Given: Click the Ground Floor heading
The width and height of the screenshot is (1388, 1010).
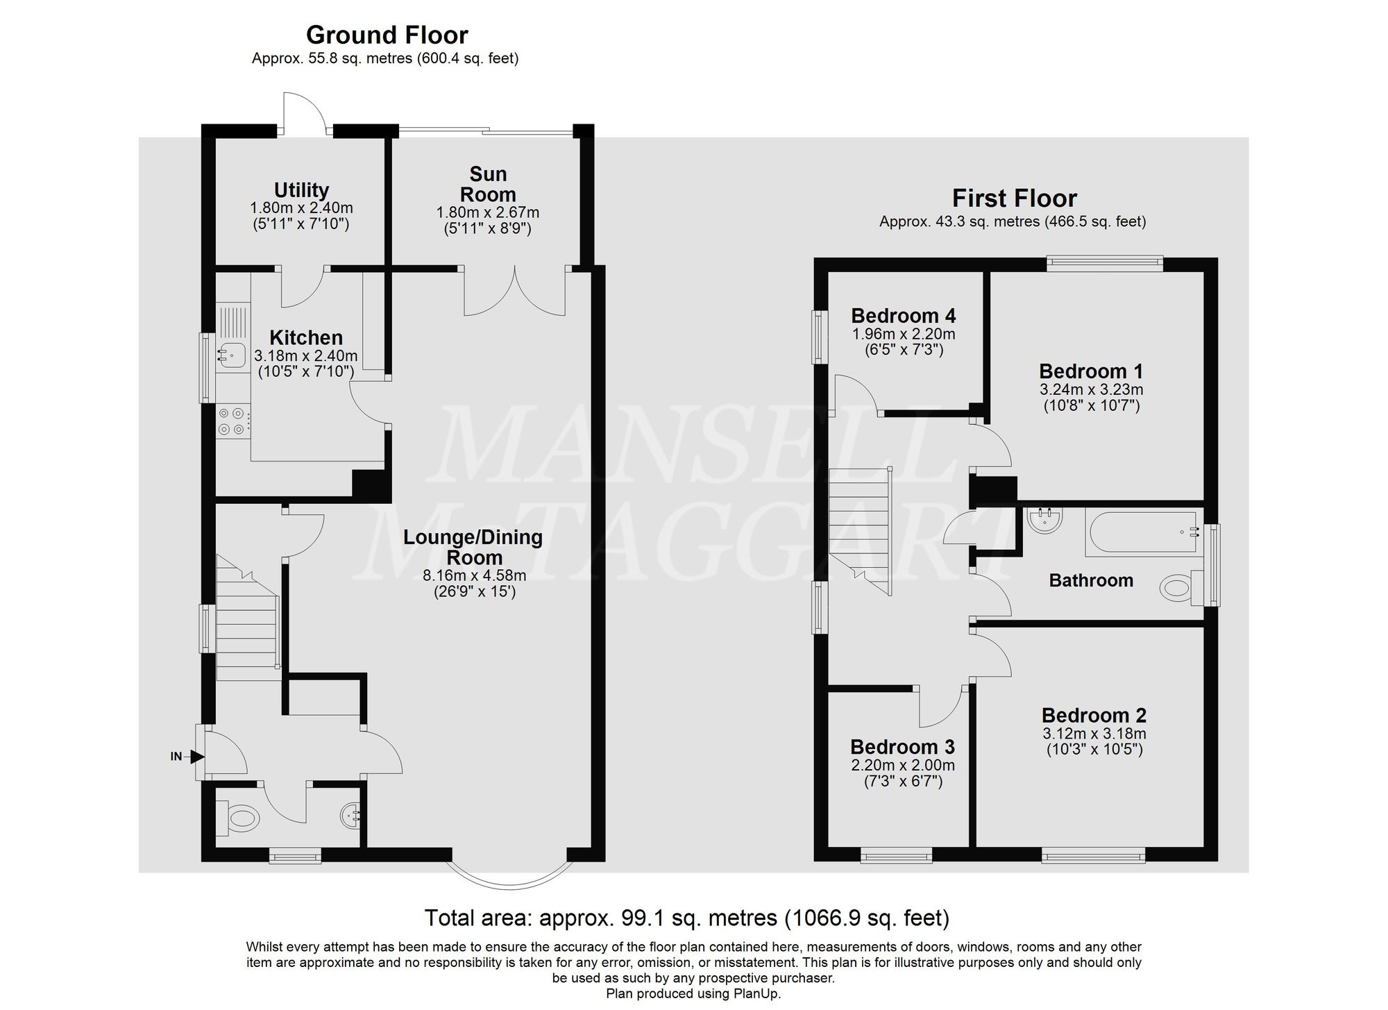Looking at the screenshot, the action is pyautogui.click(x=387, y=35).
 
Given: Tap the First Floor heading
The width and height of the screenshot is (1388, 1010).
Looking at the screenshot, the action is pyautogui.click(x=1014, y=199).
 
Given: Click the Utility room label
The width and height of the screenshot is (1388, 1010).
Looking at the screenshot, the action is pyautogui.click(x=301, y=190).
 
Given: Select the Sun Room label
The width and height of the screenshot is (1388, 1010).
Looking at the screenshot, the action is pyautogui.click(x=488, y=184).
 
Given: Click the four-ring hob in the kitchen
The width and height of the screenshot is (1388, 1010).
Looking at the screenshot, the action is pyautogui.click(x=232, y=421).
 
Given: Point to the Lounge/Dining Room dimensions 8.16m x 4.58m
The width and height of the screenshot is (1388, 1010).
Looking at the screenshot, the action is pyautogui.click(x=474, y=575).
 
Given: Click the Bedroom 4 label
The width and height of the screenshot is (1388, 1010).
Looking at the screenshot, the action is pyautogui.click(x=903, y=316).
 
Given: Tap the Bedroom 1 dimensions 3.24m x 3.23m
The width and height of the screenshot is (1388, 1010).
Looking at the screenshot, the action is pyautogui.click(x=1092, y=389).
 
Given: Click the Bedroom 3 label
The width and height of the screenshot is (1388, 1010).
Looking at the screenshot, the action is pyautogui.click(x=902, y=747).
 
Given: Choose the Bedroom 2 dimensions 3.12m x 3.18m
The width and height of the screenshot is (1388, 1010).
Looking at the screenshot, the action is pyautogui.click(x=1094, y=734).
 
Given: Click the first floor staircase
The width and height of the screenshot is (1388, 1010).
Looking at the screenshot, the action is pyautogui.click(x=861, y=528).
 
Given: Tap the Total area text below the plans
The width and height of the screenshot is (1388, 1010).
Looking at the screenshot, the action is pyautogui.click(x=686, y=918).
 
